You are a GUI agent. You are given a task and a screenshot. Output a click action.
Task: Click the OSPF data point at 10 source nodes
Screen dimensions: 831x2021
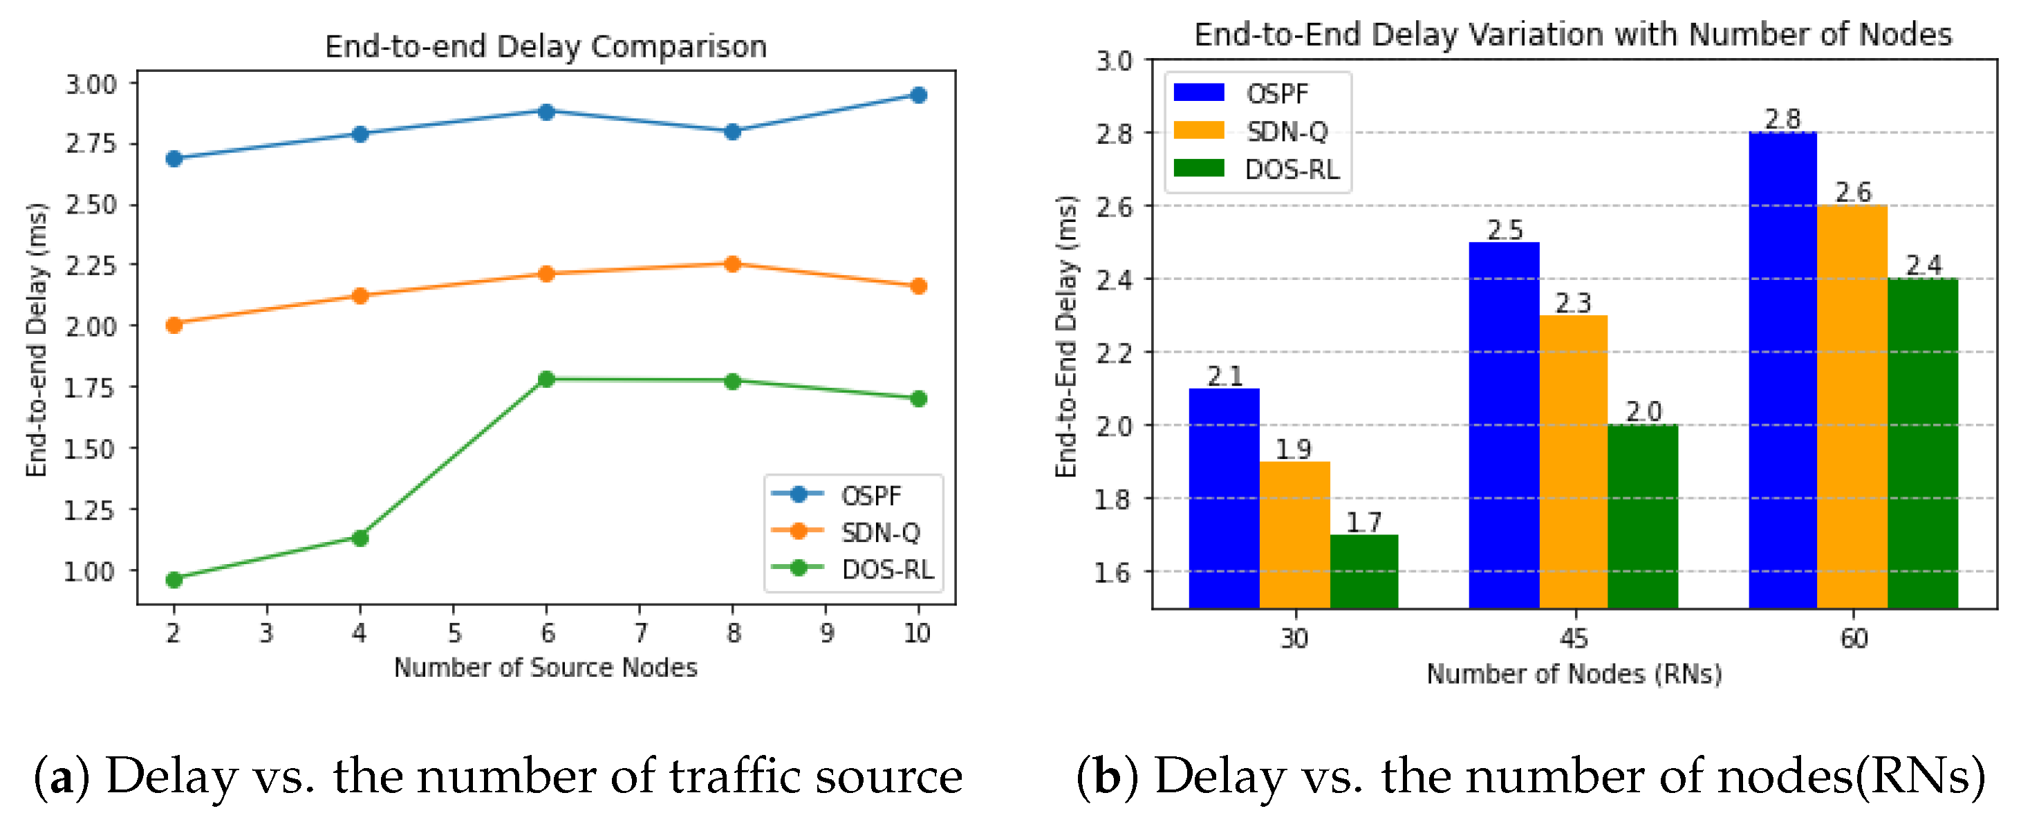point(918,95)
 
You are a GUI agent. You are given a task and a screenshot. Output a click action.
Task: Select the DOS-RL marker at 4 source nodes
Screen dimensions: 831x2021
point(360,537)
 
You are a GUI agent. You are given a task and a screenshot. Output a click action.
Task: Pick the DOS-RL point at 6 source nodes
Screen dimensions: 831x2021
point(547,379)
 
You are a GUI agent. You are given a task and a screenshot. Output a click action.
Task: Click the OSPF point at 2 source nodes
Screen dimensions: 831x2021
point(174,158)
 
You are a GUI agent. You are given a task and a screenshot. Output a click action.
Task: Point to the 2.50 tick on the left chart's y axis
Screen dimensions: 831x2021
point(90,205)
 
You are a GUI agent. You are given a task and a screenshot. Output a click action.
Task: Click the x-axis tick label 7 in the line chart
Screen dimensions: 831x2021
point(640,633)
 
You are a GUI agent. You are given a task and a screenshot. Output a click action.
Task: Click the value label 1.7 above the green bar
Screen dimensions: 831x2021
point(1363,522)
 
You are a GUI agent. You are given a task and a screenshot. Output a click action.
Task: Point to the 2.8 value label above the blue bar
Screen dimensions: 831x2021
point(1782,120)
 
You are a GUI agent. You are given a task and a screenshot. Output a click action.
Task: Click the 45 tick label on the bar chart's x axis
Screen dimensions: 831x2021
point(1573,638)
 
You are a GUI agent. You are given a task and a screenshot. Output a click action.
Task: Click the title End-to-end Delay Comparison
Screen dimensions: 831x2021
point(546,46)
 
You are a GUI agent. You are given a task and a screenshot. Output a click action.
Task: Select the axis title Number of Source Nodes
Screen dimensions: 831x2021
point(546,667)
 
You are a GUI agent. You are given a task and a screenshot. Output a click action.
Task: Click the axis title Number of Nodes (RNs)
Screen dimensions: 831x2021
point(1573,673)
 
